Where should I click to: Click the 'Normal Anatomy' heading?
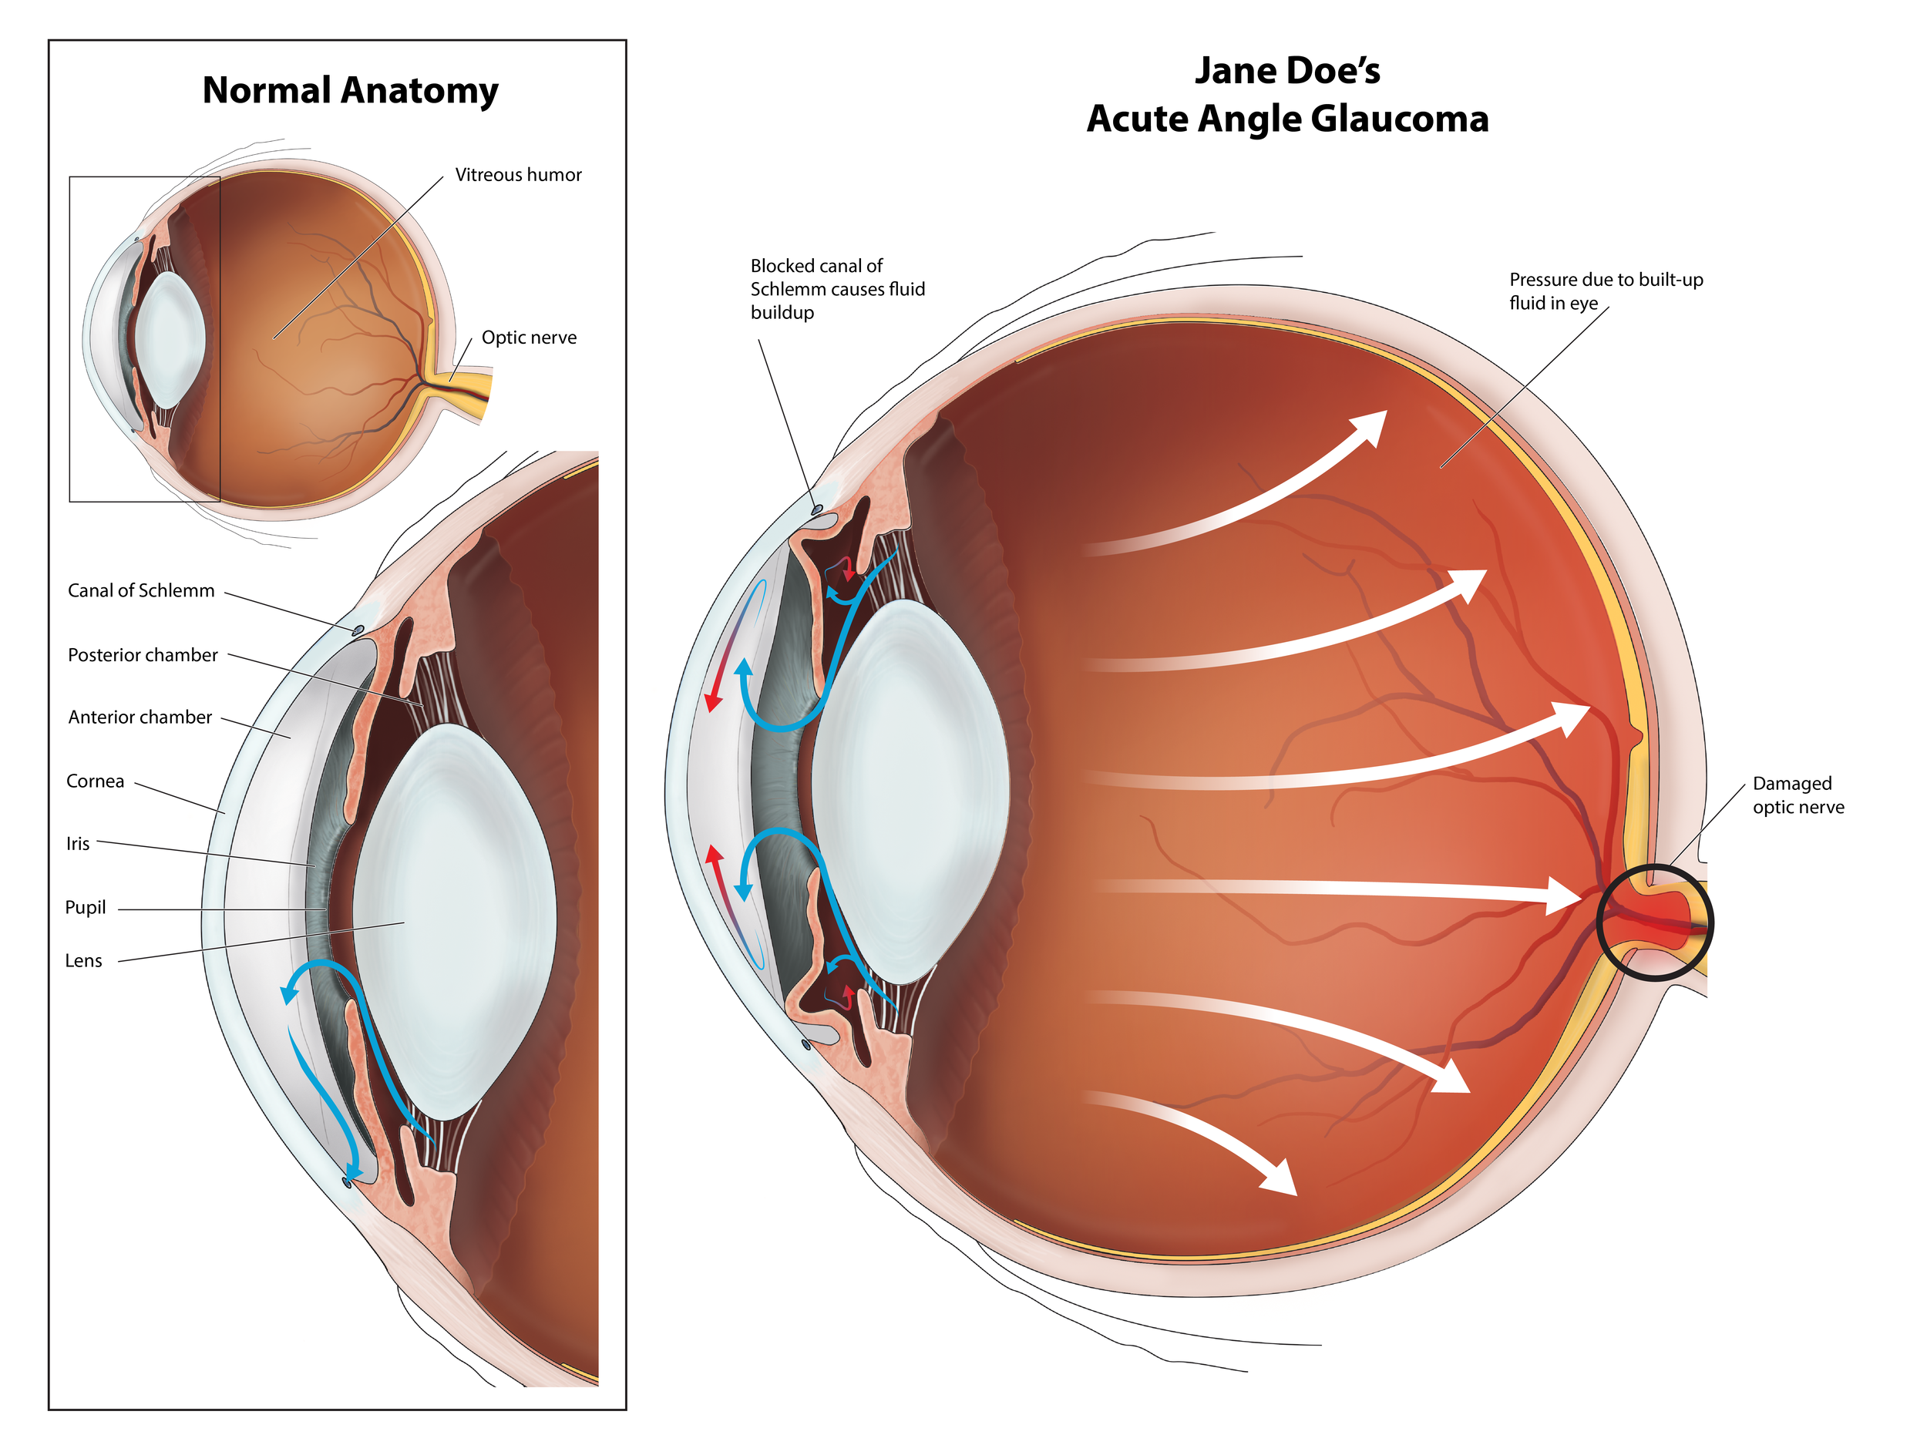pos(350,91)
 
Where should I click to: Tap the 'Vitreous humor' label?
pos(517,175)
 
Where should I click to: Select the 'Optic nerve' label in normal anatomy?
pos(528,338)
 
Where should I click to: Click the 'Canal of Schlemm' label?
pos(141,590)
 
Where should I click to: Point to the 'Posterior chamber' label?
pos(143,655)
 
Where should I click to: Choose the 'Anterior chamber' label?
pos(140,717)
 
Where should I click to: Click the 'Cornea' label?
pos(95,781)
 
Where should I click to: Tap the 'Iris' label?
pos(78,843)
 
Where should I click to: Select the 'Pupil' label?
pos(86,908)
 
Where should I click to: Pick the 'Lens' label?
pos(83,961)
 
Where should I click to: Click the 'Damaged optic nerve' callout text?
pos(1798,795)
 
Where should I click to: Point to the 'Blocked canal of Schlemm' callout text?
pos(836,289)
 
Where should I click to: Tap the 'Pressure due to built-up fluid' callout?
pos(1605,291)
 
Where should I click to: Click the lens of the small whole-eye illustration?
pos(171,340)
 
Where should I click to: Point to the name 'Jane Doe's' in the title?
pos(1286,72)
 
